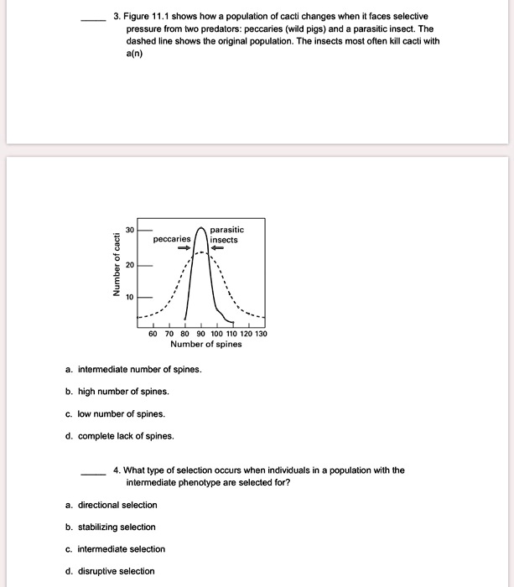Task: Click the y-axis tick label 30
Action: pyautogui.click(x=130, y=229)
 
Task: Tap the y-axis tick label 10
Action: pyautogui.click(x=130, y=297)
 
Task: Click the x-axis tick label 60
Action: pyautogui.click(x=153, y=333)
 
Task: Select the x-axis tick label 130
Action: pyautogui.click(x=261, y=333)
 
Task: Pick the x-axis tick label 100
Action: pyautogui.click(x=216, y=333)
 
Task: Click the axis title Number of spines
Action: pyautogui.click(x=205, y=344)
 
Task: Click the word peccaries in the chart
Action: pyautogui.click(x=172, y=240)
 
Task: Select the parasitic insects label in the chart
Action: pyautogui.click(x=226, y=234)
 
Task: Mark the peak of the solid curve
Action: pyautogui.click(x=201, y=227)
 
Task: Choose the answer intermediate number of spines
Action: pyautogui.click(x=139, y=369)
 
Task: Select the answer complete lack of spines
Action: pyautogui.click(x=126, y=435)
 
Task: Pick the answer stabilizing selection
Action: pyautogui.click(x=117, y=527)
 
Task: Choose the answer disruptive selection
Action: pyautogui.click(x=116, y=571)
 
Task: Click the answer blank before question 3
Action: pyautogui.click(x=92, y=18)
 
